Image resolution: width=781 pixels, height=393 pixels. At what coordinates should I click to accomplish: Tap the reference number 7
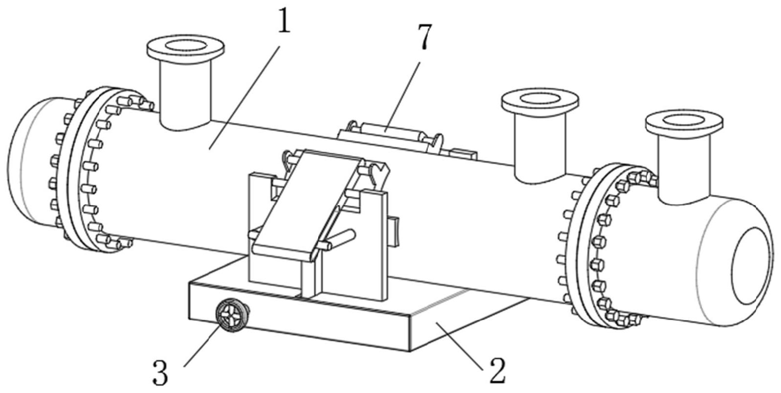point(423,38)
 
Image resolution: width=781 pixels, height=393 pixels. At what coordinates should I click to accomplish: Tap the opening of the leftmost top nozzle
point(186,46)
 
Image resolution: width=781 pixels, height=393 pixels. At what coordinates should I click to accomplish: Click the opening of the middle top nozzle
point(540,99)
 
